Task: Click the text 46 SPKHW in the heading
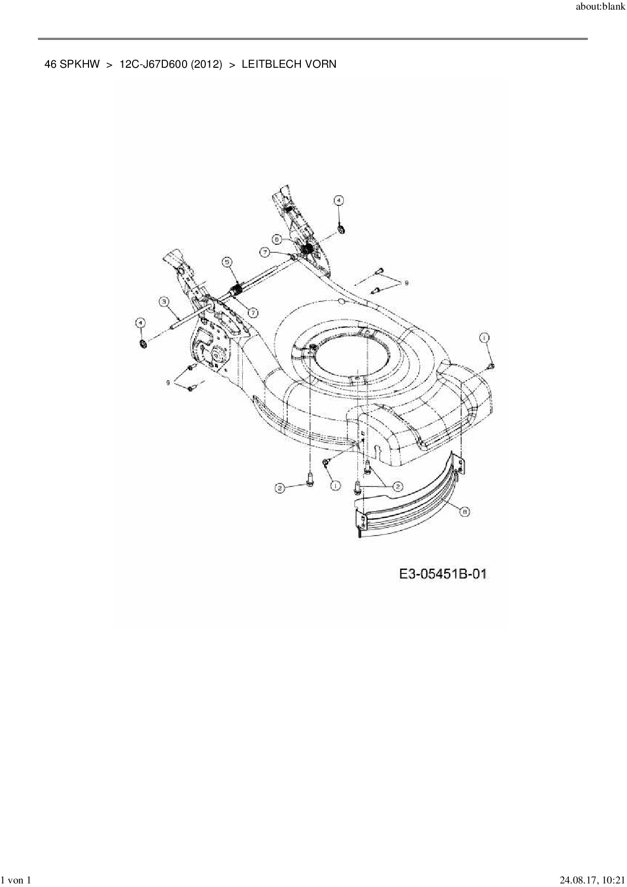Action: [72, 64]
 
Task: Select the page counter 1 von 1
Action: [17, 880]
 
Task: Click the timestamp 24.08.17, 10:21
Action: [592, 880]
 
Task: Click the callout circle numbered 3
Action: [164, 302]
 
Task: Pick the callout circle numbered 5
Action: [227, 261]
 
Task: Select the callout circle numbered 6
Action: [278, 238]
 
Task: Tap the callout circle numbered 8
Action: [465, 512]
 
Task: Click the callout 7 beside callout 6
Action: [265, 251]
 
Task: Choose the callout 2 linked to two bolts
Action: [397, 486]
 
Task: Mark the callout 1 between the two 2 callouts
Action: [335, 485]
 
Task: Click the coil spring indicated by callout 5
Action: [235, 291]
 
